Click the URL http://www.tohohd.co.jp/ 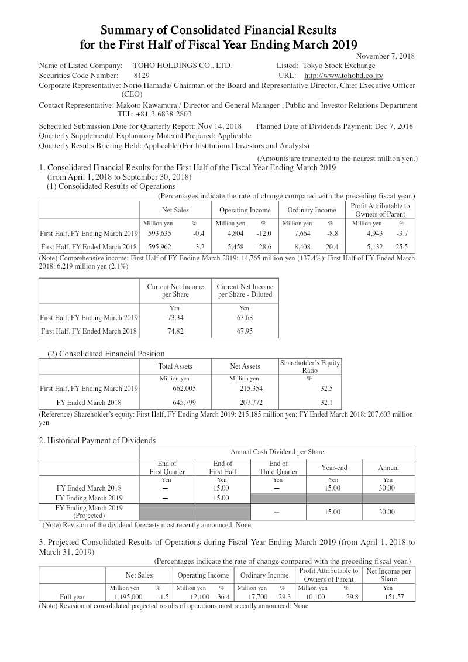point(343,76)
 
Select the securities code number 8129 point(142,76)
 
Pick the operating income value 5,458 point(227,246)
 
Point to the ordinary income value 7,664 point(294,234)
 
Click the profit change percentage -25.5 point(402,246)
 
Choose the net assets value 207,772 point(245,403)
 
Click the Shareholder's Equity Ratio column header point(309,366)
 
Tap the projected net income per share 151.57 point(388,597)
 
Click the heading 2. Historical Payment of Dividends point(97,440)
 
